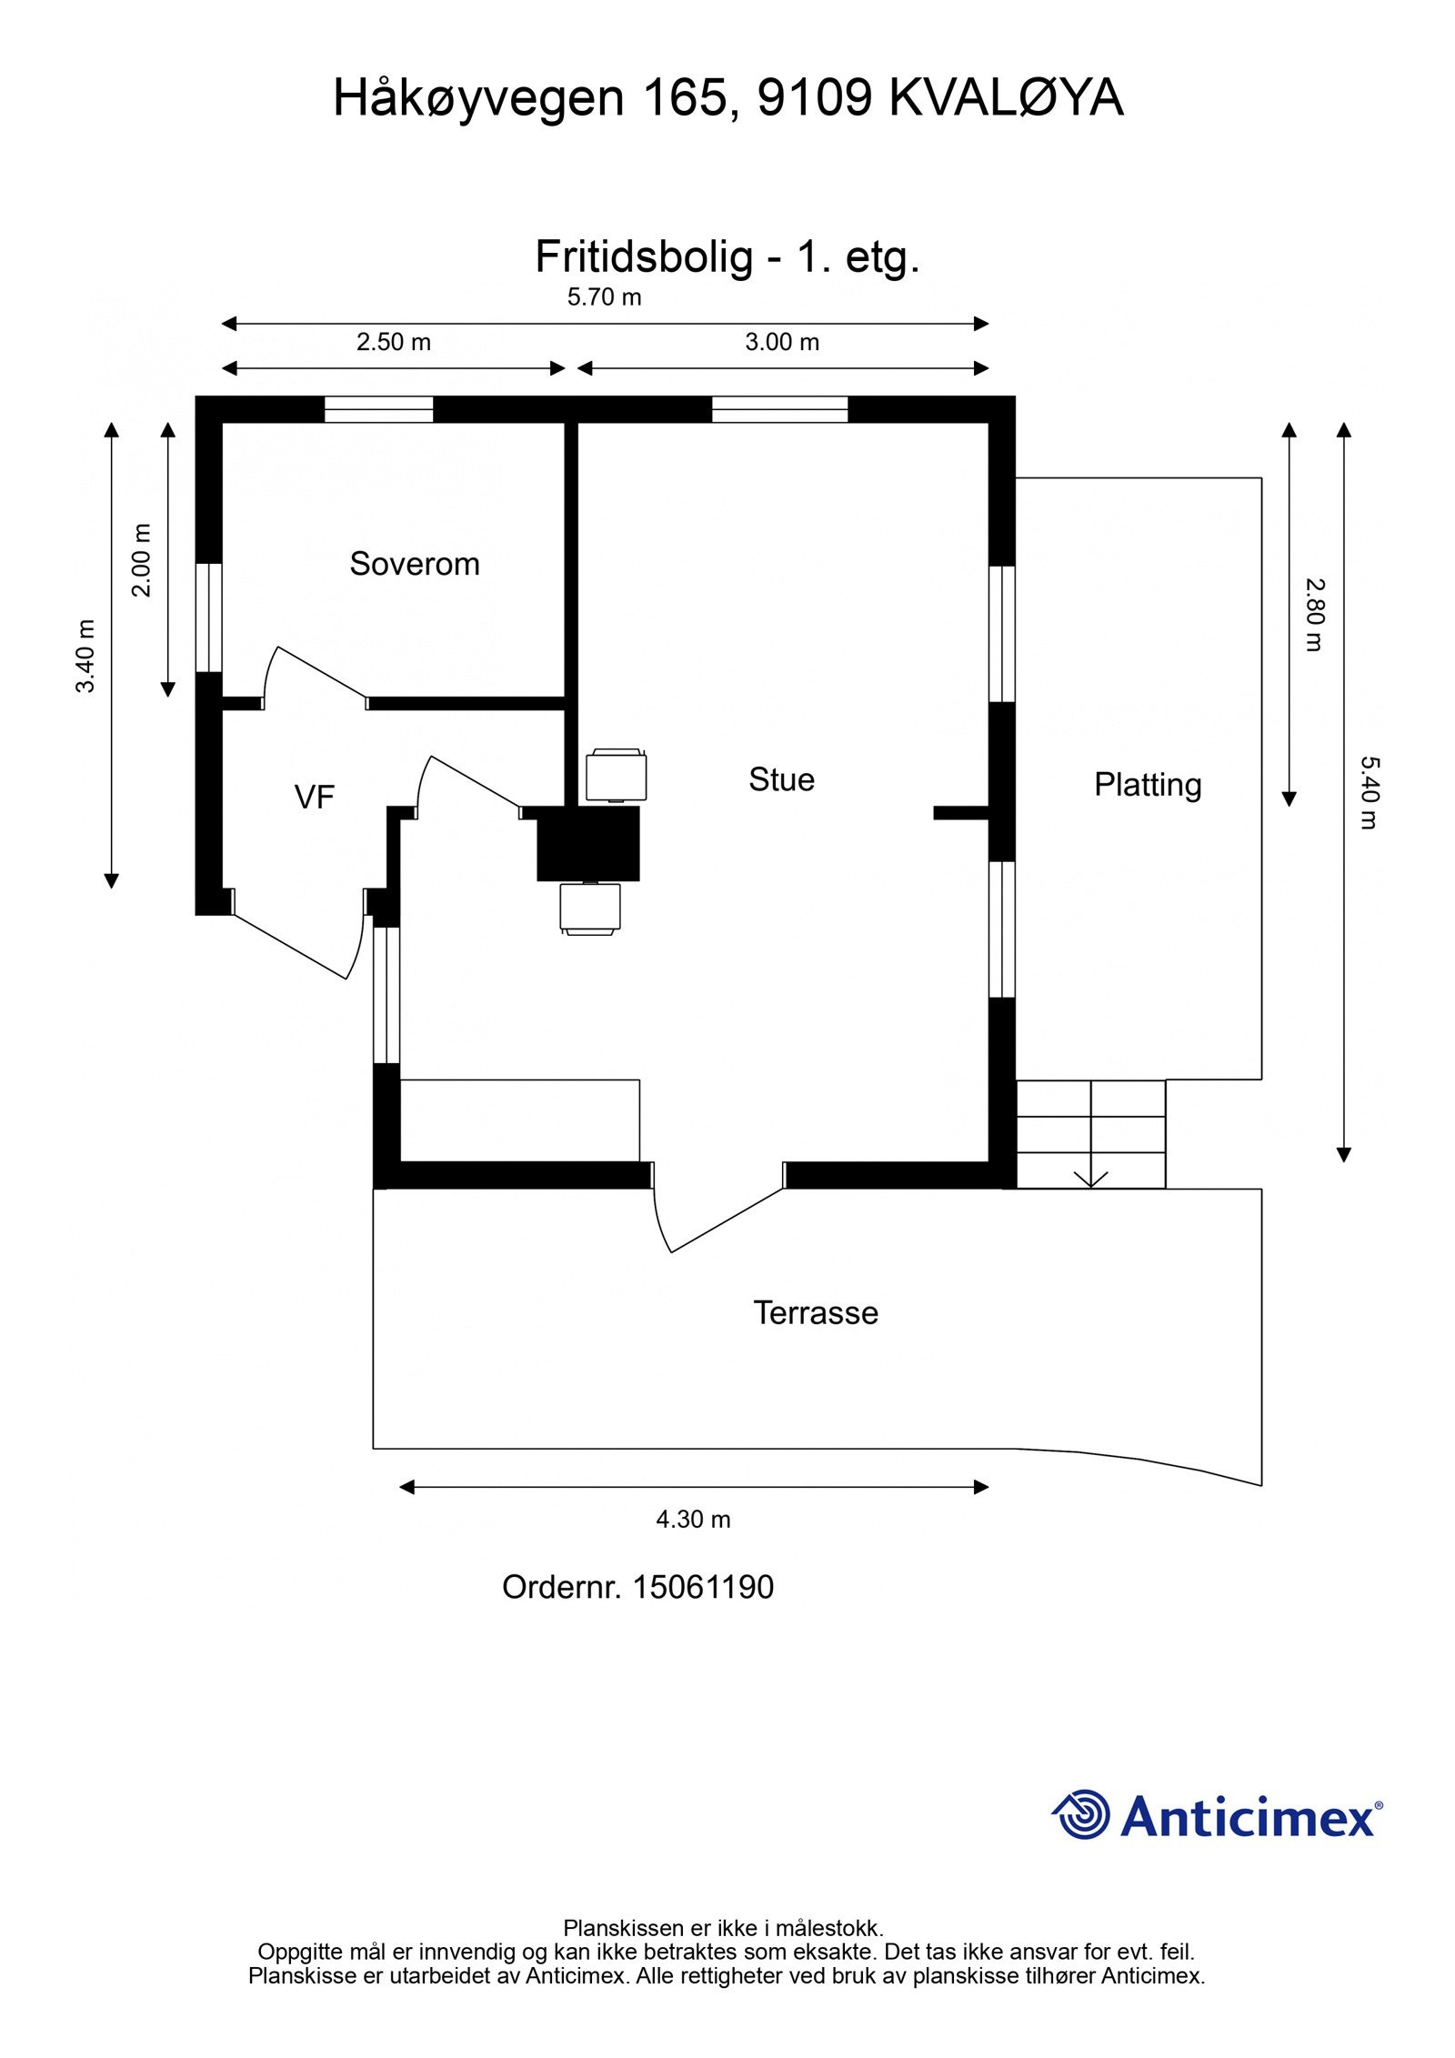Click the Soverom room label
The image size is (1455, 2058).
(x=414, y=564)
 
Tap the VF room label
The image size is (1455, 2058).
(x=315, y=798)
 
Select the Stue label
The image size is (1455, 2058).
(x=781, y=779)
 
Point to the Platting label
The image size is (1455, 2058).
(x=1147, y=784)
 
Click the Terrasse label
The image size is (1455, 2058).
(x=816, y=1312)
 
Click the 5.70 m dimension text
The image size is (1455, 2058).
(x=604, y=297)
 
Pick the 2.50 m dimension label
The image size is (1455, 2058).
(x=393, y=342)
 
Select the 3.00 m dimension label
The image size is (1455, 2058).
(x=782, y=342)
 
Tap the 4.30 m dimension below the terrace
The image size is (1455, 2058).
(x=693, y=1519)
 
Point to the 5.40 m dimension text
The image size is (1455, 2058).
(x=1369, y=792)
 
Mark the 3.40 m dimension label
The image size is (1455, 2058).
(x=85, y=656)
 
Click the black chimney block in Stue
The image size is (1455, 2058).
(x=587, y=843)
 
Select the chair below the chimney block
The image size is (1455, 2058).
(x=591, y=908)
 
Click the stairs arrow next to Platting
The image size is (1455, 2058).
(x=1090, y=1178)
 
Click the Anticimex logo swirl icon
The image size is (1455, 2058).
(x=1082, y=1814)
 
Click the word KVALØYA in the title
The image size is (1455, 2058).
(x=1006, y=98)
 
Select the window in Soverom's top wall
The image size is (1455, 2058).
(x=378, y=410)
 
